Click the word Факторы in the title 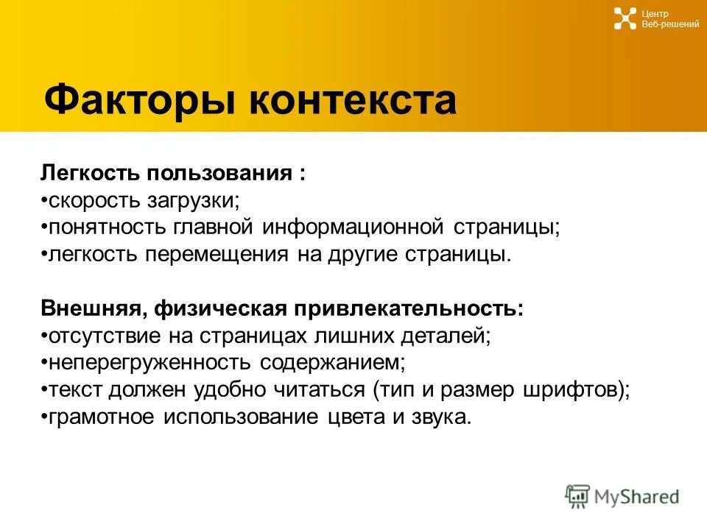[140, 100]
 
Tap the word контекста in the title [353, 100]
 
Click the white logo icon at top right [625, 18]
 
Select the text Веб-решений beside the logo [670, 24]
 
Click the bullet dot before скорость [44, 201]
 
